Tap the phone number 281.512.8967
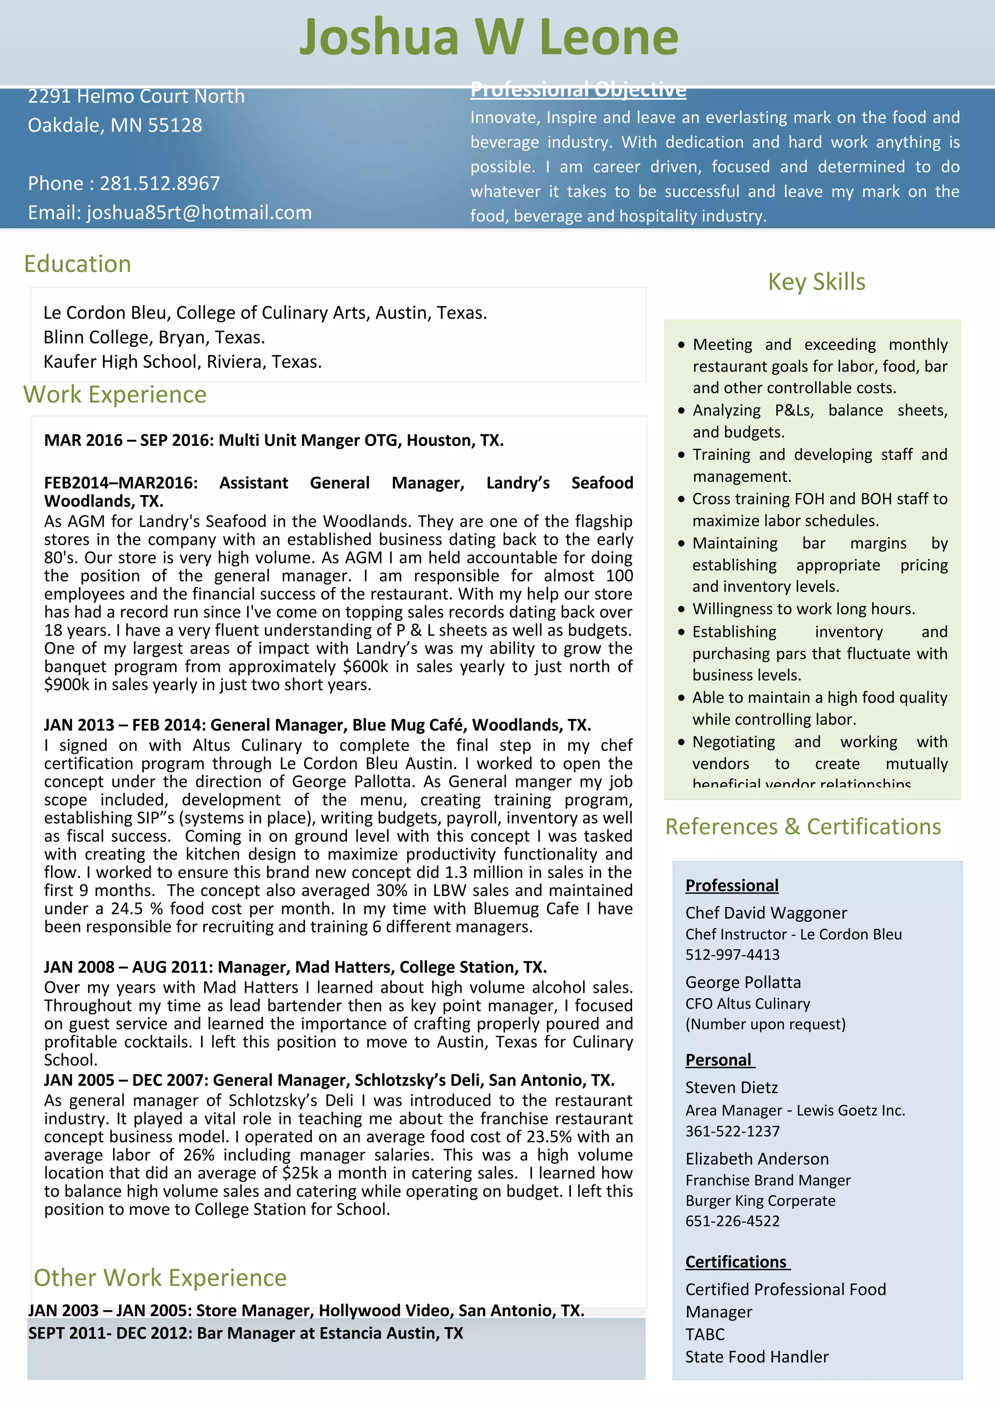[159, 183]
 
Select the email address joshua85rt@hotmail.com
[199, 213]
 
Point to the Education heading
[77, 264]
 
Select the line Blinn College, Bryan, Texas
[154, 337]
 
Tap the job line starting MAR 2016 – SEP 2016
[274, 440]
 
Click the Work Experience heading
[115, 395]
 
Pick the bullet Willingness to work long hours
[803, 609]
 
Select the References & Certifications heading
[803, 826]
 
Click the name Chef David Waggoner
[766, 913]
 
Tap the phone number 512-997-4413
[732, 955]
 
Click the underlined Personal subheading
[719, 1060]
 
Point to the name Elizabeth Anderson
[756, 1159]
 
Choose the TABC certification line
[704, 1335]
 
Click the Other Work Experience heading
[160, 1278]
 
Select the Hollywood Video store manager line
[305, 1310]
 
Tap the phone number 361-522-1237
[732, 1132]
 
